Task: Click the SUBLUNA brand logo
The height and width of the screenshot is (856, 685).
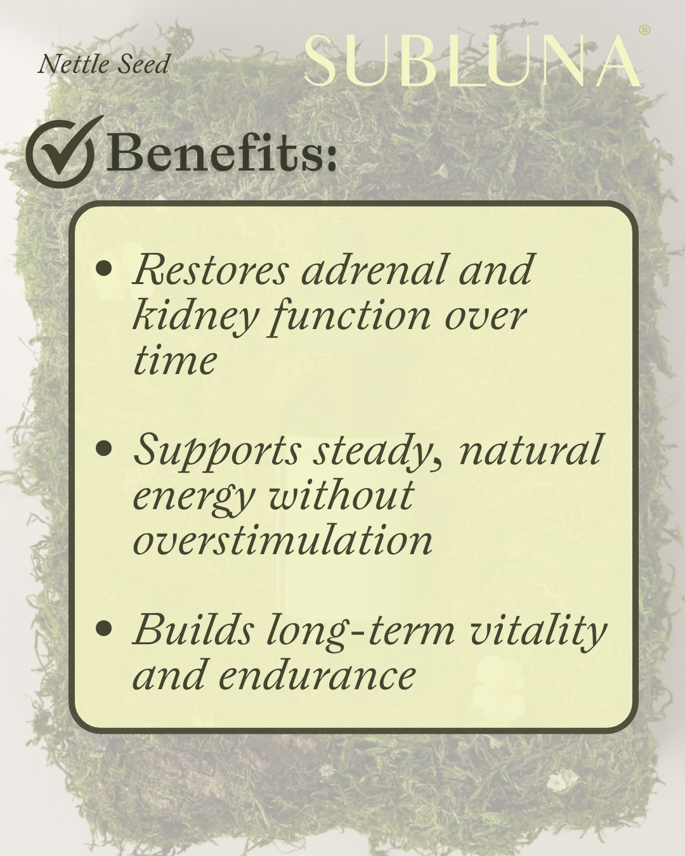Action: point(473,61)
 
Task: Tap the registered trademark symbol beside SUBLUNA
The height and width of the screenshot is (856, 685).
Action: point(644,30)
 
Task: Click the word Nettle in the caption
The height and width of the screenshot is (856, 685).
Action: point(68,64)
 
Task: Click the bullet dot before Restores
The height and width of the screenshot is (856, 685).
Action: point(103,268)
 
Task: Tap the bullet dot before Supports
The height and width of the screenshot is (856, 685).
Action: point(103,449)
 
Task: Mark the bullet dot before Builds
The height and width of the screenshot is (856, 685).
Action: point(103,628)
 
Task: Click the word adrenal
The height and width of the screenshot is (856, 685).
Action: point(374,269)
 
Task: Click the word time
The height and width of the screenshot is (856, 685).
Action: point(175,361)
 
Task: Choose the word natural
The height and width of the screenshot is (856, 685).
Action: point(530,450)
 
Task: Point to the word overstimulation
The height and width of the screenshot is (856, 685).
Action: point(283,541)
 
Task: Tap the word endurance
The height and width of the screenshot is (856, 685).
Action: point(317,675)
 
